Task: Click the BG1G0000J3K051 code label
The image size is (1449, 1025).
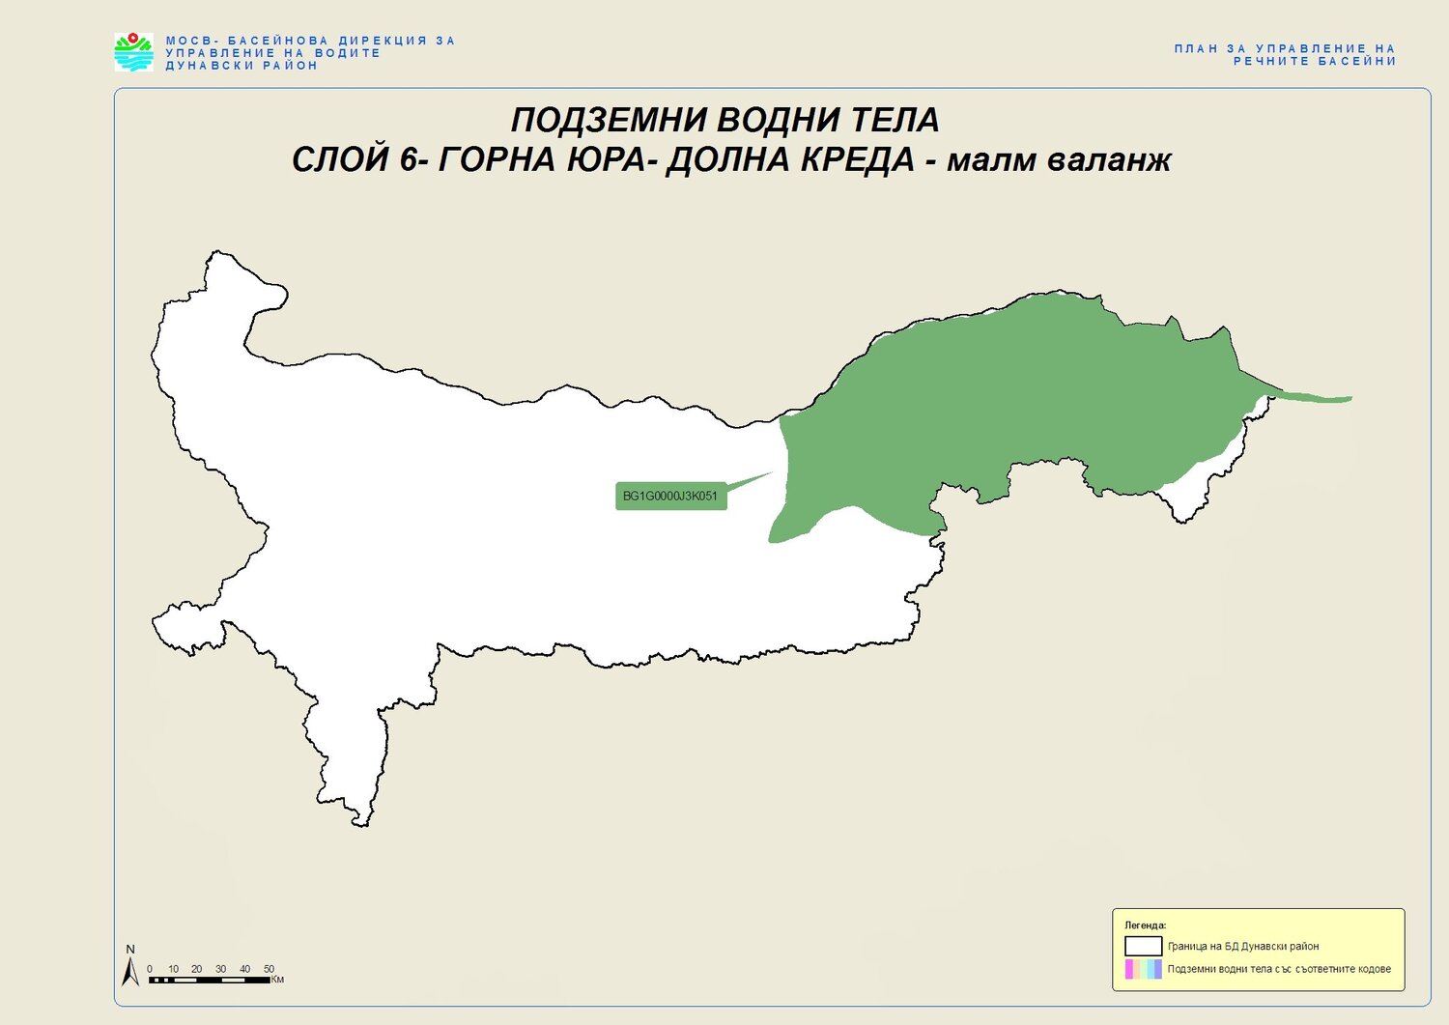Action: point(670,497)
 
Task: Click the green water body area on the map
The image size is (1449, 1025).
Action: point(1014,396)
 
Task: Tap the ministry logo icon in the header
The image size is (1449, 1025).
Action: point(133,52)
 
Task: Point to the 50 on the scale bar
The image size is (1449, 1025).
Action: point(269,969)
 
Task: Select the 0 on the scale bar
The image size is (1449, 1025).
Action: point(150,969)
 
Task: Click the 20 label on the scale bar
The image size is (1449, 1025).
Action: point(197,969)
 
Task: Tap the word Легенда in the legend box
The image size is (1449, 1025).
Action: point(1145,925)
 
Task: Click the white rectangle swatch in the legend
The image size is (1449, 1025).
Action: point(1143,946)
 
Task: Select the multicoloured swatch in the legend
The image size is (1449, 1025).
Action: point(1143,969)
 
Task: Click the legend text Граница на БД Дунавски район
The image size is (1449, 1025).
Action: point(1243,947)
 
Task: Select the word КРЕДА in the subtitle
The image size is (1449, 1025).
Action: point(857,159)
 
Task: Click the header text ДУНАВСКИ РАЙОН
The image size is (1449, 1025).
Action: point(241,66)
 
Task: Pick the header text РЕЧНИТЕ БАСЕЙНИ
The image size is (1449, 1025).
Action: point(1315,61)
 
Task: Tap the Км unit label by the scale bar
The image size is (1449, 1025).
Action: point(277,980)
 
